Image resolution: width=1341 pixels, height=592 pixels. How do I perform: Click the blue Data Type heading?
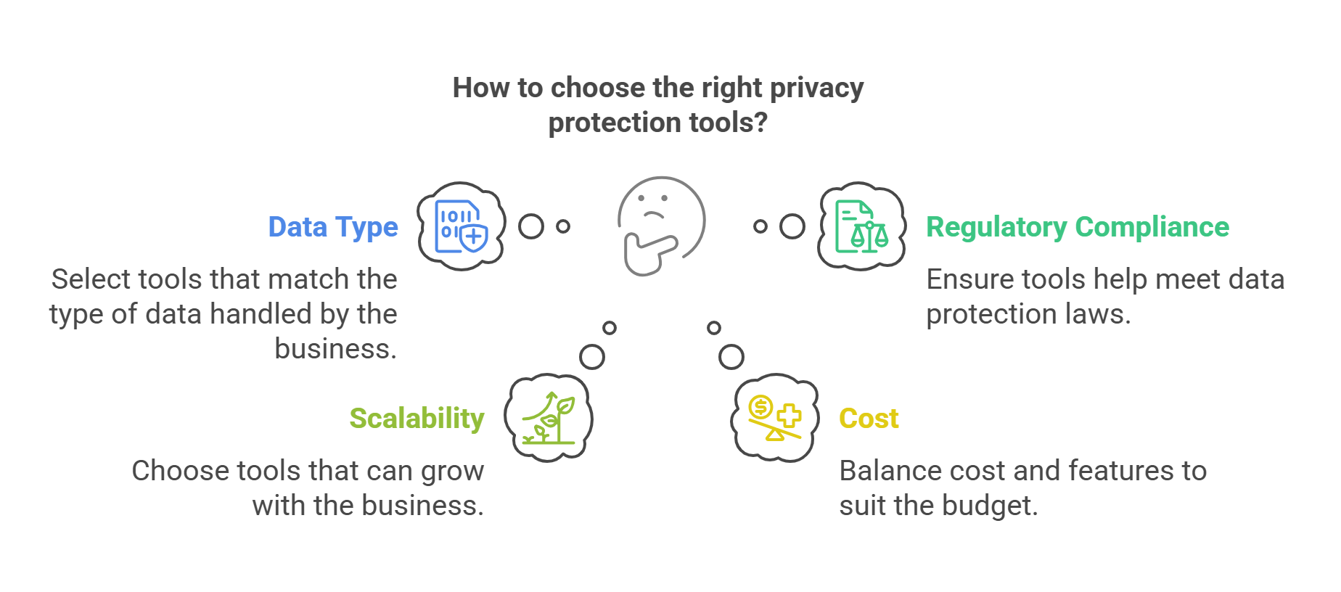coord(333,227)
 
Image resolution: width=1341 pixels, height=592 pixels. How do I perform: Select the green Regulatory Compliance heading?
coord(1078,227)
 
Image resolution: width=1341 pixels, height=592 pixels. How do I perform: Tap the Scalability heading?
coord(417,419)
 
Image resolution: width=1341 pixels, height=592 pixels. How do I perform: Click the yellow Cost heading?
coord(869,419)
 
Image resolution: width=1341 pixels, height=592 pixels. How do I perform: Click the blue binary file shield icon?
coord(461,226)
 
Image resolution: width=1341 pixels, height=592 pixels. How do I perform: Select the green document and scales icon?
coord(861,226)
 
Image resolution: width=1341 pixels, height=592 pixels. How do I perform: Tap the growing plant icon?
coord(549,418)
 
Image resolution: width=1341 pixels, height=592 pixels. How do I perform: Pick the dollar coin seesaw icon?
coord(774,418)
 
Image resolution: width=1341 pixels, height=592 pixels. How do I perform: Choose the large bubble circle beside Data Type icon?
coord(531,226)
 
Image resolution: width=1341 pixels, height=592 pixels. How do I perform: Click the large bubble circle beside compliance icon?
coord(792,226)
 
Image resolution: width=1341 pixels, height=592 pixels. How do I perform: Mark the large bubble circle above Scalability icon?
coord(592,357)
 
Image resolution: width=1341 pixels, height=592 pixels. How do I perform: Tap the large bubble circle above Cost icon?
coord(731,357)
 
